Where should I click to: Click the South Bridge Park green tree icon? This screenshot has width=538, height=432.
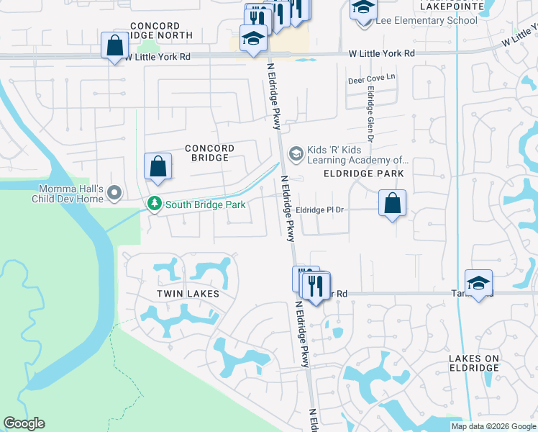[154, 204]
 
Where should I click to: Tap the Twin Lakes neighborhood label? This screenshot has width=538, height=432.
[188, 294]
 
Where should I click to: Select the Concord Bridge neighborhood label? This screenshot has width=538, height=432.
[210, 153]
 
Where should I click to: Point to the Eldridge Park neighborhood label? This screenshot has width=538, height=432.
[363, 174]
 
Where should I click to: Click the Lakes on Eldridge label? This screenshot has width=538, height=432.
[473, 363]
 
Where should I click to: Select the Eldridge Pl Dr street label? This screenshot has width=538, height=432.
[321, 210]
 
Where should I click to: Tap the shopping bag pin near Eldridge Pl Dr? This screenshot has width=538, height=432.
[392, 204]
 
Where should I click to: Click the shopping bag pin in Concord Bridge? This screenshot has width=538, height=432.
[158, 166]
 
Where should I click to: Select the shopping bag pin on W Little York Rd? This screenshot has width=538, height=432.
[114, 46]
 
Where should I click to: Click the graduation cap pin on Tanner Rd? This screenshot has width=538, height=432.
[478, 283]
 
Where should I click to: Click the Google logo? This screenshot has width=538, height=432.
[24, 423]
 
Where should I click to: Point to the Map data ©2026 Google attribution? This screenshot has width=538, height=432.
[493, 426]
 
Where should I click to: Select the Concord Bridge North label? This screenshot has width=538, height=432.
[160, 30]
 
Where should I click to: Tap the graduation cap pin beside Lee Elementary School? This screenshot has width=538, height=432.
[363, 9]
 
